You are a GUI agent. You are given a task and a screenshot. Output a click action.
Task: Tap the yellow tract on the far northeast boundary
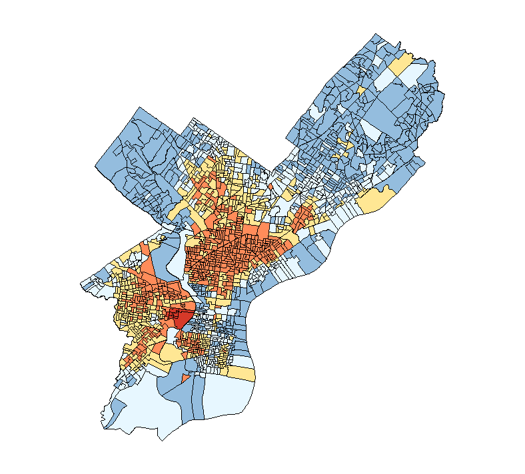tap(400, 64)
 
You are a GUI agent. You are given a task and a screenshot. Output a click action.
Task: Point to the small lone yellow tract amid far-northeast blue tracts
tap(360, 89)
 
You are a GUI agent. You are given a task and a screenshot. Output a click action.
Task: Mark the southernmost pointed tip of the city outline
tap(161, 440)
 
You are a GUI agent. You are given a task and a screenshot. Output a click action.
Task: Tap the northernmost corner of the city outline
tap(376, 33)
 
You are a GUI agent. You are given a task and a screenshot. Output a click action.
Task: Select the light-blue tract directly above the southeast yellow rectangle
tap(243, 359)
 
